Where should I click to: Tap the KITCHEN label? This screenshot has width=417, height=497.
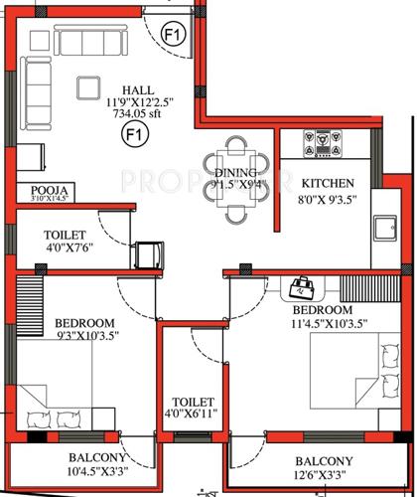325,184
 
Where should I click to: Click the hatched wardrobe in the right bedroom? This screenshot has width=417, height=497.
367,288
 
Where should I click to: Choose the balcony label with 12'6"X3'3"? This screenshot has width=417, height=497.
322,468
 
